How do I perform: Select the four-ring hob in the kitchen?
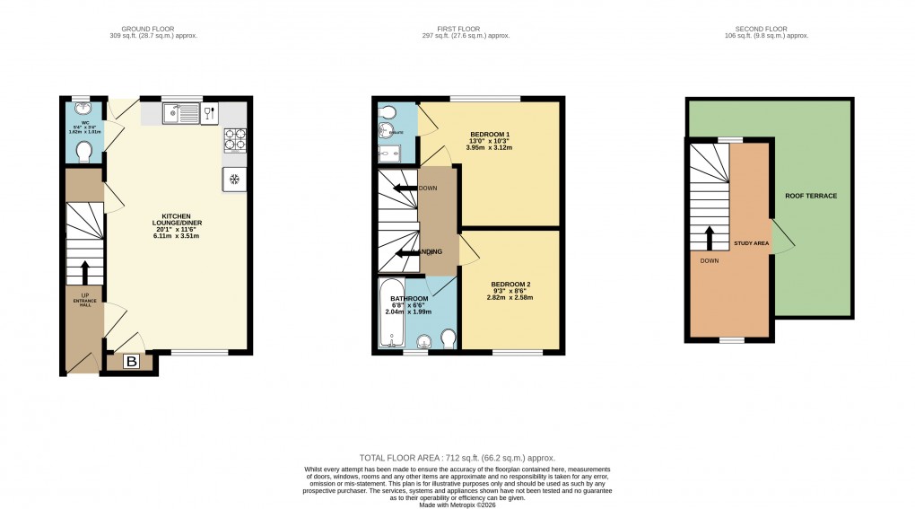coord(234,140)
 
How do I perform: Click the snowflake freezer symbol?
coord(235,179)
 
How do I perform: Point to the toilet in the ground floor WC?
coord(85,151)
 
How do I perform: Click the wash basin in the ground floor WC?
coord(83,110)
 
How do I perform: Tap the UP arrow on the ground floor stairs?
coord(85,272)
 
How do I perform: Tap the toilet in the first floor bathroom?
coord(448,337)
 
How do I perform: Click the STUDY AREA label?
coord(751,242)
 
